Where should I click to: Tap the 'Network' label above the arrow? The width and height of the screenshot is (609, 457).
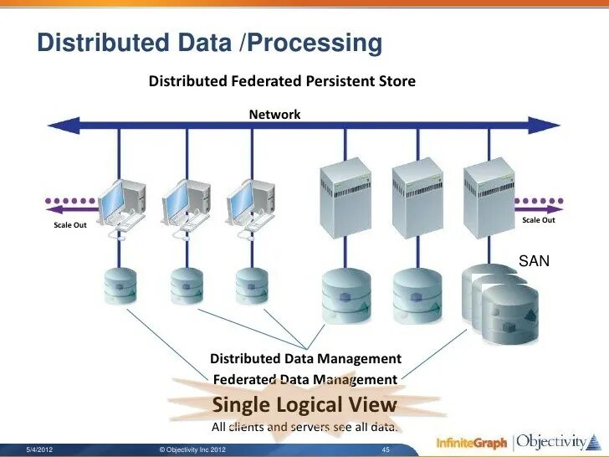274,115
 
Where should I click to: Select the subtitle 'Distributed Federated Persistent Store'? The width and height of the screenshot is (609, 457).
282,81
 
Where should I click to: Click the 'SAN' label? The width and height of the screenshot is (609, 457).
534,261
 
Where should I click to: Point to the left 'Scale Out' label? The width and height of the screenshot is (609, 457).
70,225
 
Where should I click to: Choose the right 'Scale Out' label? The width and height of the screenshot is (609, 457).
538,220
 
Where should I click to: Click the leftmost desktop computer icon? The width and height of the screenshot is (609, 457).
120,205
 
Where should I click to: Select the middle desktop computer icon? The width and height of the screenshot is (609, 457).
184,205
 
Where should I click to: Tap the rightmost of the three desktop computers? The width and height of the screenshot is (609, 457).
249,205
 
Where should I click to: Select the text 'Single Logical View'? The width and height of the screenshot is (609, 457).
304,405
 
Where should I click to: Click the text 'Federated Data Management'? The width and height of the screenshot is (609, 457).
304,379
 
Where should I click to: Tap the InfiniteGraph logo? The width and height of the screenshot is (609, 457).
471,442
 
